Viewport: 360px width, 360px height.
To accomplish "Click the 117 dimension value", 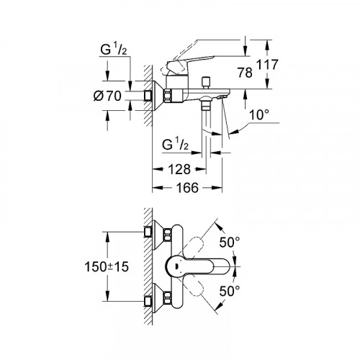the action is [267, 65].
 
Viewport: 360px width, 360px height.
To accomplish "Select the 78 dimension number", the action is [245, 73].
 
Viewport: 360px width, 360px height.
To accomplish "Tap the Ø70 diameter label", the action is [107, 96].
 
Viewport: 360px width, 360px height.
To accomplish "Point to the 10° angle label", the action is [259, 114].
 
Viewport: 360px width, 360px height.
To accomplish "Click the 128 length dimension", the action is [179, 169].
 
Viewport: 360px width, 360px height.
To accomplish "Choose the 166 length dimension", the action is [187, 188].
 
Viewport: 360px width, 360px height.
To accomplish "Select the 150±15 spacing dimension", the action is [107, 266].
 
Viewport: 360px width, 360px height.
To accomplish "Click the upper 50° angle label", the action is [230, 242].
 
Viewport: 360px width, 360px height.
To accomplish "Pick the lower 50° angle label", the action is [230, 292].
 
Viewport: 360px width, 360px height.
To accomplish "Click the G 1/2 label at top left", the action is [113, 50].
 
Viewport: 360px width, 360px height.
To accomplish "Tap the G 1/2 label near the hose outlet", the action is [175, 145].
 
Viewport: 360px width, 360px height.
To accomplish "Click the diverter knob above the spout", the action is [206, 83].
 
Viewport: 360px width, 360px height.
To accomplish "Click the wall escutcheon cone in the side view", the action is [158, 96].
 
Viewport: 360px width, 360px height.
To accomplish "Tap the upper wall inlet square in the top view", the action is [148, 232].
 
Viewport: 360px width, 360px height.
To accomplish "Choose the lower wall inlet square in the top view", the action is [148, 301].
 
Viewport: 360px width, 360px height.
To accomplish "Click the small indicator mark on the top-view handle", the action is [176, 266].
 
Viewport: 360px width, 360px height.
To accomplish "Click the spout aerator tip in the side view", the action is [222, 97].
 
